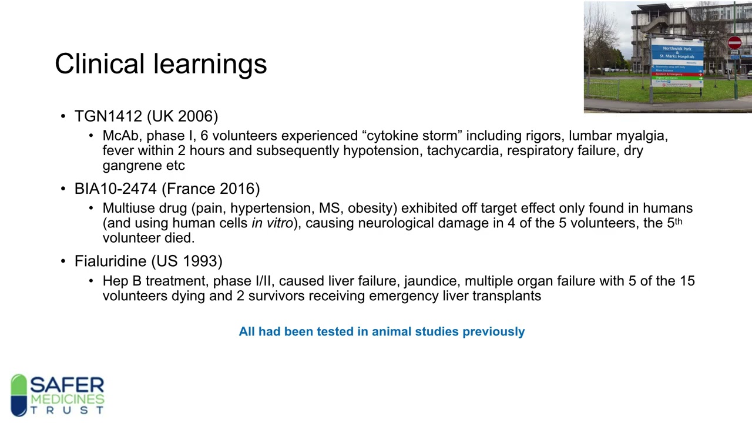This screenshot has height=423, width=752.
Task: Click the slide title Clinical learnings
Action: coord(160,63)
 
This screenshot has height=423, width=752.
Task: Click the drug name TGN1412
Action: coord(108,116)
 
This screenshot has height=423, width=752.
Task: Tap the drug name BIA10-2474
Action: coord(115,189)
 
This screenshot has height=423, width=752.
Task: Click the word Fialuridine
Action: coord(110,261)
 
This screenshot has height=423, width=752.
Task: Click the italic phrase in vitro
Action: coord(272,223)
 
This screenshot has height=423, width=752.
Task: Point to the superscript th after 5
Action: coord(679,221)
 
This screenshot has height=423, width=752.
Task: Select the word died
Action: coord(180,238)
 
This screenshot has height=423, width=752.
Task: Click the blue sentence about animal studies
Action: coord(381,331)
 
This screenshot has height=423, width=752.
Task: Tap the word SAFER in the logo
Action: coord(67,386)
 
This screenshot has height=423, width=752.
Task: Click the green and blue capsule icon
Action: coord(19,395)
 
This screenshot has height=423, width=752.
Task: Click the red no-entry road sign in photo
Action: coord(734,42)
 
